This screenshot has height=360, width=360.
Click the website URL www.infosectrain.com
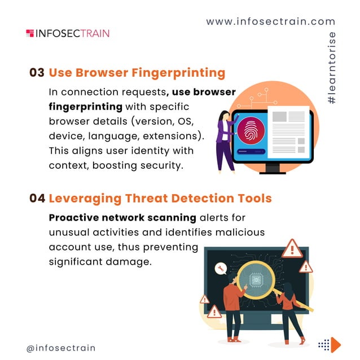(271, 21)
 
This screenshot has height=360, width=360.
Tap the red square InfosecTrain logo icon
(30, 33)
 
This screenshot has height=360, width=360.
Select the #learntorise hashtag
(331, 68)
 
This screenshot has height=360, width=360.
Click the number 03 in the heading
(37, 73)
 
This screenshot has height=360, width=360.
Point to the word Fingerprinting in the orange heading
(178, 73)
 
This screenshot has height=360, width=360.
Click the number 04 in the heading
(37, 198)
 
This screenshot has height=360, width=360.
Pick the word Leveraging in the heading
(85, 199)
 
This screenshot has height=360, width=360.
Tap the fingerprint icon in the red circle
(251, 130)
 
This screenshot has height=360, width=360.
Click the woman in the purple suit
(225, 142)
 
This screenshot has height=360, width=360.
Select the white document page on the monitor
(289, 132)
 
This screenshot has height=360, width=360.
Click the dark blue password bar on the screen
(251, 152)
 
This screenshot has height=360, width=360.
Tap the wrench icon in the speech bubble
(221, 269)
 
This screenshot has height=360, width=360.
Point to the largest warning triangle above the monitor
(292, 249)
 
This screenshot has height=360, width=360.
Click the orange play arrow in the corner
(336, 345)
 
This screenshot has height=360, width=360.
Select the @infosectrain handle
(61, 348)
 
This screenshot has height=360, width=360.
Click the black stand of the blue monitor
(273, 169)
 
